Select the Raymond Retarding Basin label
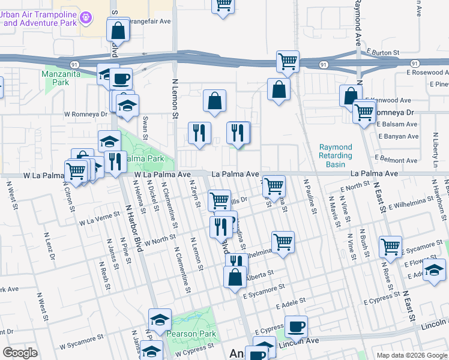335,155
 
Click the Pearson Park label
187,334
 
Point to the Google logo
20,353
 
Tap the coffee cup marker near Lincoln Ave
296,326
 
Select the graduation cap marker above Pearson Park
160,320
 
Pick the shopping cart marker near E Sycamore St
390,246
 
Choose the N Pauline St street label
310,196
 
